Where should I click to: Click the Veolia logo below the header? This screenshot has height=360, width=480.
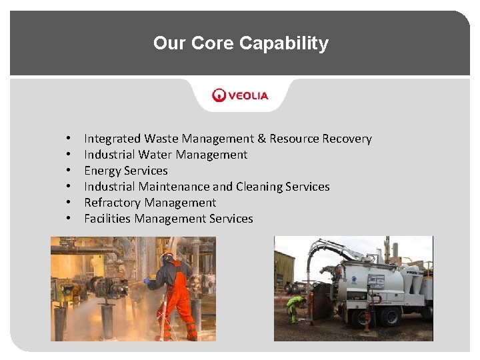240,95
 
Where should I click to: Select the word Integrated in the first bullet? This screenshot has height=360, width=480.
112,139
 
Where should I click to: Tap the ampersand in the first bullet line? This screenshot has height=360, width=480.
262,139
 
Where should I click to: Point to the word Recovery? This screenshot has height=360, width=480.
347,139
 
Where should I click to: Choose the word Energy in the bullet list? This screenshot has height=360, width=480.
102,171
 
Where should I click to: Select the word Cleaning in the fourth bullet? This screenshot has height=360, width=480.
260,187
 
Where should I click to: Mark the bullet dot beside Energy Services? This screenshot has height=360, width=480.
69,171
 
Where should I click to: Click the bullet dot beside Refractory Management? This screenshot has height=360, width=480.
69,203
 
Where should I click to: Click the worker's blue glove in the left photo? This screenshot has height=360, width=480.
147,281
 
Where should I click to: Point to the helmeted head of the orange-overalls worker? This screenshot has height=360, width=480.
167,257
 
